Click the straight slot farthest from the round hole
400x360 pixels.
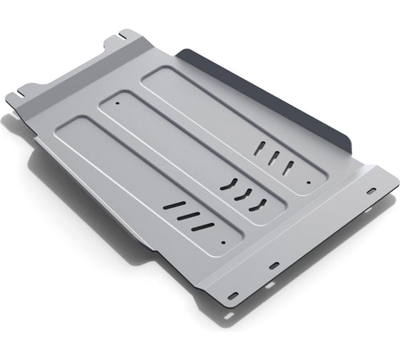pyautogui.click(x=174, y=206)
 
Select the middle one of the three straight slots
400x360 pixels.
pyautogui.click(x=188, y=216)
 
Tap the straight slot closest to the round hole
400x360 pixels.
pyautogui.click(x=203, y=226)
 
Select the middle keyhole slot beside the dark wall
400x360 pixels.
pyautogui.click(x=274, y=158)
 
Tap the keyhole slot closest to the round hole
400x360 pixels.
pyautogui.click(x=289, y=167)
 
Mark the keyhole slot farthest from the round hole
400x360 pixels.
pyautogui.click(x=260, y=149)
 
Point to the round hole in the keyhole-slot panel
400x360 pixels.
pyautogui.click(x=308, y=183)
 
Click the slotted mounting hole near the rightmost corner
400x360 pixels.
pyautogui.click(x=371, y=191)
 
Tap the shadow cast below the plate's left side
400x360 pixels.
pyautogui.click(x=43, y=186)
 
